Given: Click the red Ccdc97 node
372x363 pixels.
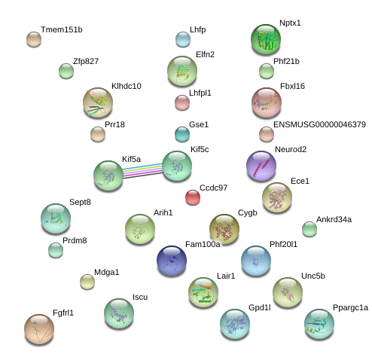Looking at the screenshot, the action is pyautogui.click(x=193, y=197).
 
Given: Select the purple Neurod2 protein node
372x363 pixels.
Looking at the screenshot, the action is pyautogui.click(x=261, y=166).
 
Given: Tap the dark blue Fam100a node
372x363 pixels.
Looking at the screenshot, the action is pyautogui.click(x=172, y=261).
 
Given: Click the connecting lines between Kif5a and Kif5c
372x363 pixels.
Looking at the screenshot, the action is pyautogui.click(x=142, y=171).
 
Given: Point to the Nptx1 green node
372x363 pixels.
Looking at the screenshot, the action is pyautogui.click(x=266, y=39).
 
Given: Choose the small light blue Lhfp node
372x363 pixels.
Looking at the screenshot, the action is pyautogui.click(x=183, y=39).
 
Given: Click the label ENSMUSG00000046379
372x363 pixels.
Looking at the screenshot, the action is pyautogui.click(x=319, y=124).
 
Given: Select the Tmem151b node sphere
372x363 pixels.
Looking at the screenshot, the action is pyautogui.click(x=34, y=39).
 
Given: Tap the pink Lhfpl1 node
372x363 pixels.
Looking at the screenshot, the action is pyautogui.click(x=182, y=102).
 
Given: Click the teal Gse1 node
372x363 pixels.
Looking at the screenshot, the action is pyautogui.click(x=182, y=134).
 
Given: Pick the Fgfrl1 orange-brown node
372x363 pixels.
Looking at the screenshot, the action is pyautogui.click(x=39, y=329).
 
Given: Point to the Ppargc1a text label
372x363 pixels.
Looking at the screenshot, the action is pyautogui.click(x=350, y=308).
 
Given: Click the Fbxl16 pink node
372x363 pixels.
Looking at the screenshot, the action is pyautogui.click(x=267, y=102).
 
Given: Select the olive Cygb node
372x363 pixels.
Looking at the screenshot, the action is pyautogui.click(x=224, y=229).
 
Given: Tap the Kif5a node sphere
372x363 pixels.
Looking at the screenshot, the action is pyautogui.click(x=108, y=175).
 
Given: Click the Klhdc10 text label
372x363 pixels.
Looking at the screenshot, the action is pyautogui.click(x=127, y=86).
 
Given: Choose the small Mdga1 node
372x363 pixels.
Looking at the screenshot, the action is pyautogui.click(x=87, y=282).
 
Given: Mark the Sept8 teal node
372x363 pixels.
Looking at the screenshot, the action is pyautogui.click(x=56, y=218).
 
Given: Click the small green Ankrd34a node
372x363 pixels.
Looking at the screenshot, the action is pyautogui.click(x=309, y=229).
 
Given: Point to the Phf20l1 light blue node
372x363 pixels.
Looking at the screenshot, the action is pyautogui.click(x=256, y=261).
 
